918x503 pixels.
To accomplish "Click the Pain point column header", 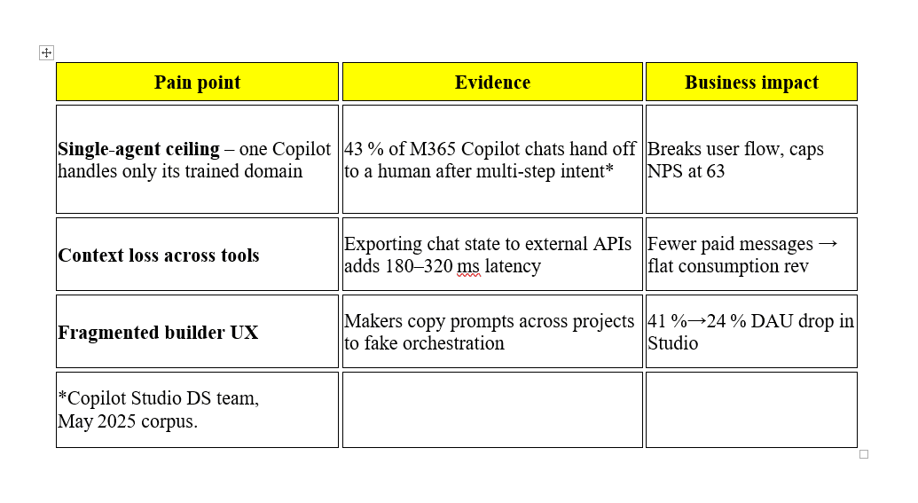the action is pos(197,83).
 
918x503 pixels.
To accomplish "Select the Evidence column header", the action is pos(492,83).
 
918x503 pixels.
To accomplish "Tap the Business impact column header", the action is pos(752,83).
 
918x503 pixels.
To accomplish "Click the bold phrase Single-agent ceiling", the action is pos(138,149).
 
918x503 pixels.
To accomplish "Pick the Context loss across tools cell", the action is pos(159,255).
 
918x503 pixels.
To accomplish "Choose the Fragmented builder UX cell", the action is pos(158,333).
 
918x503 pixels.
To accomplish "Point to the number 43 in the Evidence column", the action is pos(354,149).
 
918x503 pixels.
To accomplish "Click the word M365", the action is pos(433,149).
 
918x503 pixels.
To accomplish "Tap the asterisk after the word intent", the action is pos(609,169).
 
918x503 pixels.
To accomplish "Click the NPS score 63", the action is pos(716,171).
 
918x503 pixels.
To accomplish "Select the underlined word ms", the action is pos(468,266).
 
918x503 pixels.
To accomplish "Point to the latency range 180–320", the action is pos(419,266).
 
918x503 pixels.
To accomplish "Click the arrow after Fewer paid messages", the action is pos(828,244).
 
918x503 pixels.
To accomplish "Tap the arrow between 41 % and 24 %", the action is pos(696,321).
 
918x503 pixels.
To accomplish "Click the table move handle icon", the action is pos(46,52).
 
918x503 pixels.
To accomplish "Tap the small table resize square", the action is pos(864,454).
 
